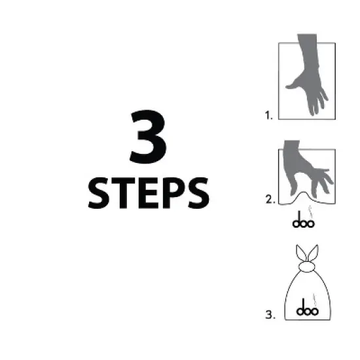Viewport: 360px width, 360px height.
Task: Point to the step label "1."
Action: [268, 116]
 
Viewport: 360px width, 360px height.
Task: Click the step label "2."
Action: [269, 200]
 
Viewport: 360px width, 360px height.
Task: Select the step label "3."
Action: [269, 314]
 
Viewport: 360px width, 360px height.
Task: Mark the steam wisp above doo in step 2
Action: [311, 211]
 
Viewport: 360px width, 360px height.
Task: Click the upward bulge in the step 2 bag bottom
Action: [304, 196]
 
